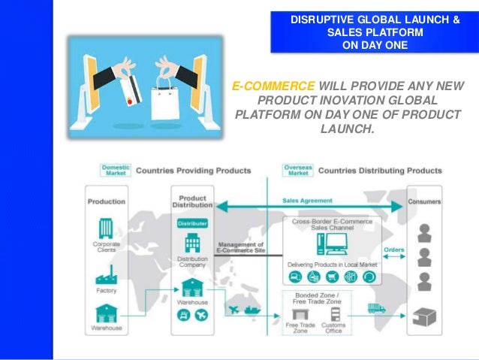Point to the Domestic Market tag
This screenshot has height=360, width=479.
pos(114,170)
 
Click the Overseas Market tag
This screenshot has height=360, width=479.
pos(298,170)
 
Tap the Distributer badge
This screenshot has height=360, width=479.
pos(192,222)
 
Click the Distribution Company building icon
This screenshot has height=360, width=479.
pos(192,243)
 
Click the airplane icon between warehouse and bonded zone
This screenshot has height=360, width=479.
pos(233,309)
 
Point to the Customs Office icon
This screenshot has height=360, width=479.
pos(333,313)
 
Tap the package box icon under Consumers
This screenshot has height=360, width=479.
pos(426,316)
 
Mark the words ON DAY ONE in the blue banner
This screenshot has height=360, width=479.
pos(375,44)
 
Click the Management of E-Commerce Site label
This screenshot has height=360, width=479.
pos(239,247)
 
